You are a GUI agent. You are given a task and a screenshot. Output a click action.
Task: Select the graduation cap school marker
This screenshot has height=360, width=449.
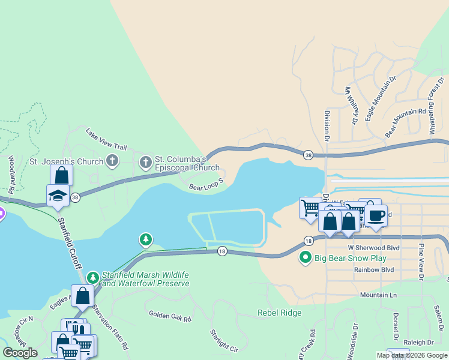[x=58, y=195]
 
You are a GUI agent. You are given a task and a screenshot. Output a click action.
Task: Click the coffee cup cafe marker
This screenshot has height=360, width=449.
[x=376, y=215]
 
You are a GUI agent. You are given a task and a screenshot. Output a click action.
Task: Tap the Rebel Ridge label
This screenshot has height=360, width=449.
[x=280, y=313]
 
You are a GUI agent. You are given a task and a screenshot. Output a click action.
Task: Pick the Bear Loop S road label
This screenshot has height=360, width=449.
[x=206, y=184]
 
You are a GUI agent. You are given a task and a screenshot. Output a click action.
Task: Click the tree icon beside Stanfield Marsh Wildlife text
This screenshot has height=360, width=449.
[x=92, y=277]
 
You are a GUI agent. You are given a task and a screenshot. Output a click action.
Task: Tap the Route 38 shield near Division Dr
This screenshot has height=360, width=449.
[x=308, y=154]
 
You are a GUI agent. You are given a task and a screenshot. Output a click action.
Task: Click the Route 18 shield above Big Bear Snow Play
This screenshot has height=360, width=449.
[x=308, y=241]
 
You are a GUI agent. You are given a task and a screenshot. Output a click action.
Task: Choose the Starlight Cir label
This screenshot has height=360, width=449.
[x=224, y=340]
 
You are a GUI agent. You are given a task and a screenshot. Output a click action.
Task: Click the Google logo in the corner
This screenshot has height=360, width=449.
[x=20, y=353]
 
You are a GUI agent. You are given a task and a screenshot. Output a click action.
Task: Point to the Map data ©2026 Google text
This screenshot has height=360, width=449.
[x=412, y=355]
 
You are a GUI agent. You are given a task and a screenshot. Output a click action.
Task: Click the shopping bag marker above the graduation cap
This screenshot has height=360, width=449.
[x=61, y=175]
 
